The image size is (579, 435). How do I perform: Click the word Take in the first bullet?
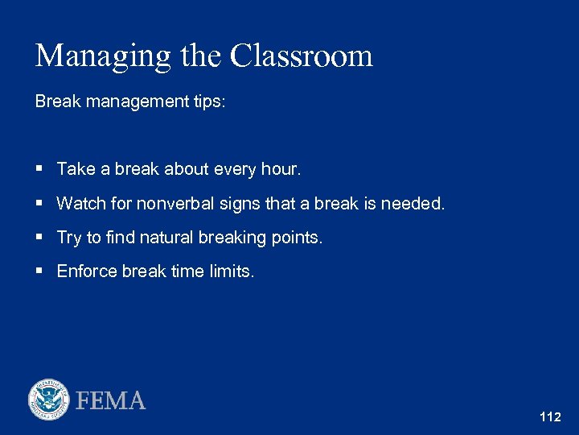point(76,169)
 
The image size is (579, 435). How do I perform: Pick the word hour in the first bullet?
point(281,169)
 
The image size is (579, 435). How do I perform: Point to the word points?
point(298,238)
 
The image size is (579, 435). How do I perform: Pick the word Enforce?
point(87,271)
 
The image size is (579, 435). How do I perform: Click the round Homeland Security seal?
point(49,400)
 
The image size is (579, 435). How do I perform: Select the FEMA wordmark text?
point(111,400)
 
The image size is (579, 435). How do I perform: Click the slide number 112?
point(550,417)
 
